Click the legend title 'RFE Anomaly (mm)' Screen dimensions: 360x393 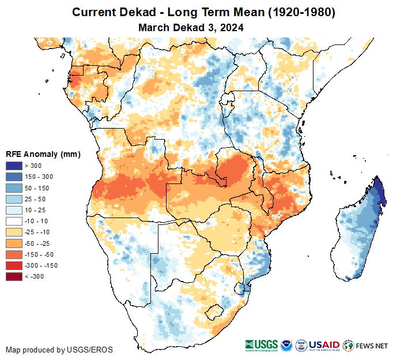[43, 154]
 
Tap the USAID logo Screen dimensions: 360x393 [324, 345]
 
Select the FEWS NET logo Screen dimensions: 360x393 [365, 346]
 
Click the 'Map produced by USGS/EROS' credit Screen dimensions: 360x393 [59, 350]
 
